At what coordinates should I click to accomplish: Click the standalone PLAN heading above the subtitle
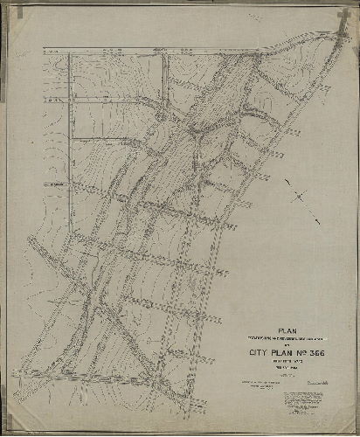click(x=287, y=331)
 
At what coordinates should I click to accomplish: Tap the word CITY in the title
click(x=253, y=354)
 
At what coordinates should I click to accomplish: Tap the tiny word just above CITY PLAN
click(x=287, y=346)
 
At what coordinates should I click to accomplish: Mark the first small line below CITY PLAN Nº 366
click(x=287, y=363)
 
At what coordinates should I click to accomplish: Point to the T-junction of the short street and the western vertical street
click(x=69, y=185)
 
